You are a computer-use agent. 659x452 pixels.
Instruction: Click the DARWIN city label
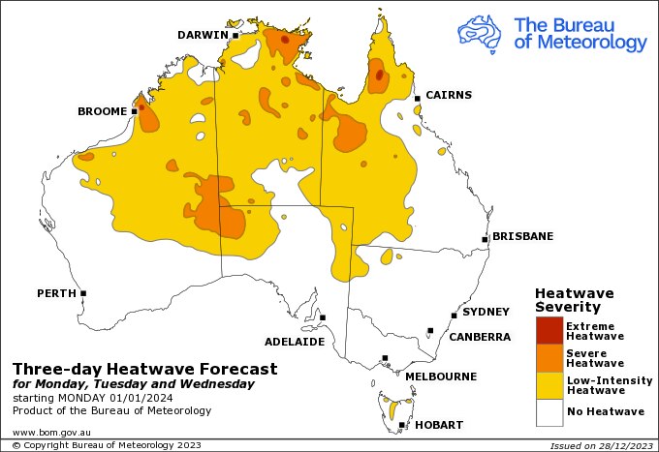pos(202,35)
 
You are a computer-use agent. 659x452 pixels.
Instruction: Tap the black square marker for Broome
pos(135,111)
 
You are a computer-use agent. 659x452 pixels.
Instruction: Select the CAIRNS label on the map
pos(448,95)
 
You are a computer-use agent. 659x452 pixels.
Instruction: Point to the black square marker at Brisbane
pos(486,238)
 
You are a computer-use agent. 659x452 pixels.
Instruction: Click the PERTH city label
pos(56,292)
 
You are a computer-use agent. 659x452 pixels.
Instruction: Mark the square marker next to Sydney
pos(454,315)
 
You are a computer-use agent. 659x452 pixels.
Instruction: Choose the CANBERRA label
pos(479,337)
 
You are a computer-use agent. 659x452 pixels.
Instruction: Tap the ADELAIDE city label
pos(295,342)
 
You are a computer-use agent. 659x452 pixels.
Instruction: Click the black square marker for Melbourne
pos(385,358)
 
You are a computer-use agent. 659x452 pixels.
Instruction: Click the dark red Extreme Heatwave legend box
pos(549,330)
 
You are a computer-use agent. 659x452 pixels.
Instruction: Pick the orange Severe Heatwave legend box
pos(549,358)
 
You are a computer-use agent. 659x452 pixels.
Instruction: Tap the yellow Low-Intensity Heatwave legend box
pos(549,385)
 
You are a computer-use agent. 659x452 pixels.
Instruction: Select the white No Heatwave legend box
pos(549,412)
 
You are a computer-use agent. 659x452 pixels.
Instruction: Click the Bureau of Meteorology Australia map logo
pos(482,32)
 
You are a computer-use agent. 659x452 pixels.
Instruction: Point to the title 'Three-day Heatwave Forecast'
pos(144,369)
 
